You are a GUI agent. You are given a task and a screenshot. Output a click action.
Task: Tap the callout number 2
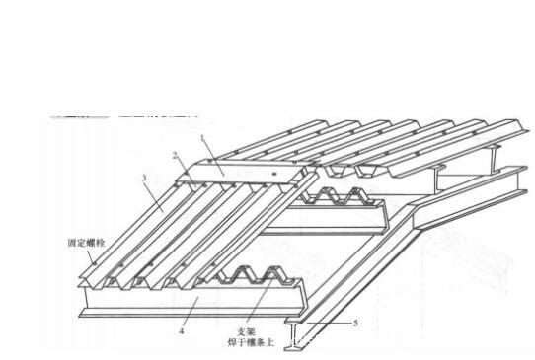pos(175,155)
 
